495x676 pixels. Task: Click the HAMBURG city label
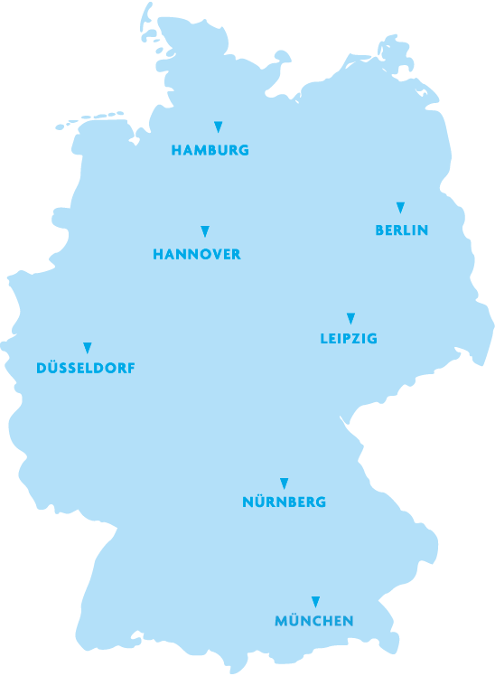[210, 151]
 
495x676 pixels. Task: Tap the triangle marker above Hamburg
[218, 127]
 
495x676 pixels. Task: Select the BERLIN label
[401, 230]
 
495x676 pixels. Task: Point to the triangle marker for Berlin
[400, 208]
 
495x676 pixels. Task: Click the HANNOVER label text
[197, 255]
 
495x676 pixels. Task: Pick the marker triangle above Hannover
[205, 231]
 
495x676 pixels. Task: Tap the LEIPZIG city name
[349, 339]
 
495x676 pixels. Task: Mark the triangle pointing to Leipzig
[350, 318]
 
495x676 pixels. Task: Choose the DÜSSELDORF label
[86, 368]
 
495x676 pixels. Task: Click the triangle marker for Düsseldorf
[88, 348]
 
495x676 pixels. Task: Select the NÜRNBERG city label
[285, 502]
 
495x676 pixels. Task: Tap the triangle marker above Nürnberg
[284, 484]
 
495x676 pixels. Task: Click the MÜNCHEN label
[314, 621]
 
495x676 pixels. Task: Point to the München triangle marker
[315, 602]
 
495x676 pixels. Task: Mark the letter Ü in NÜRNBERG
[260, 502]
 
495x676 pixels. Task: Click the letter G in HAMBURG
[243, 151]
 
